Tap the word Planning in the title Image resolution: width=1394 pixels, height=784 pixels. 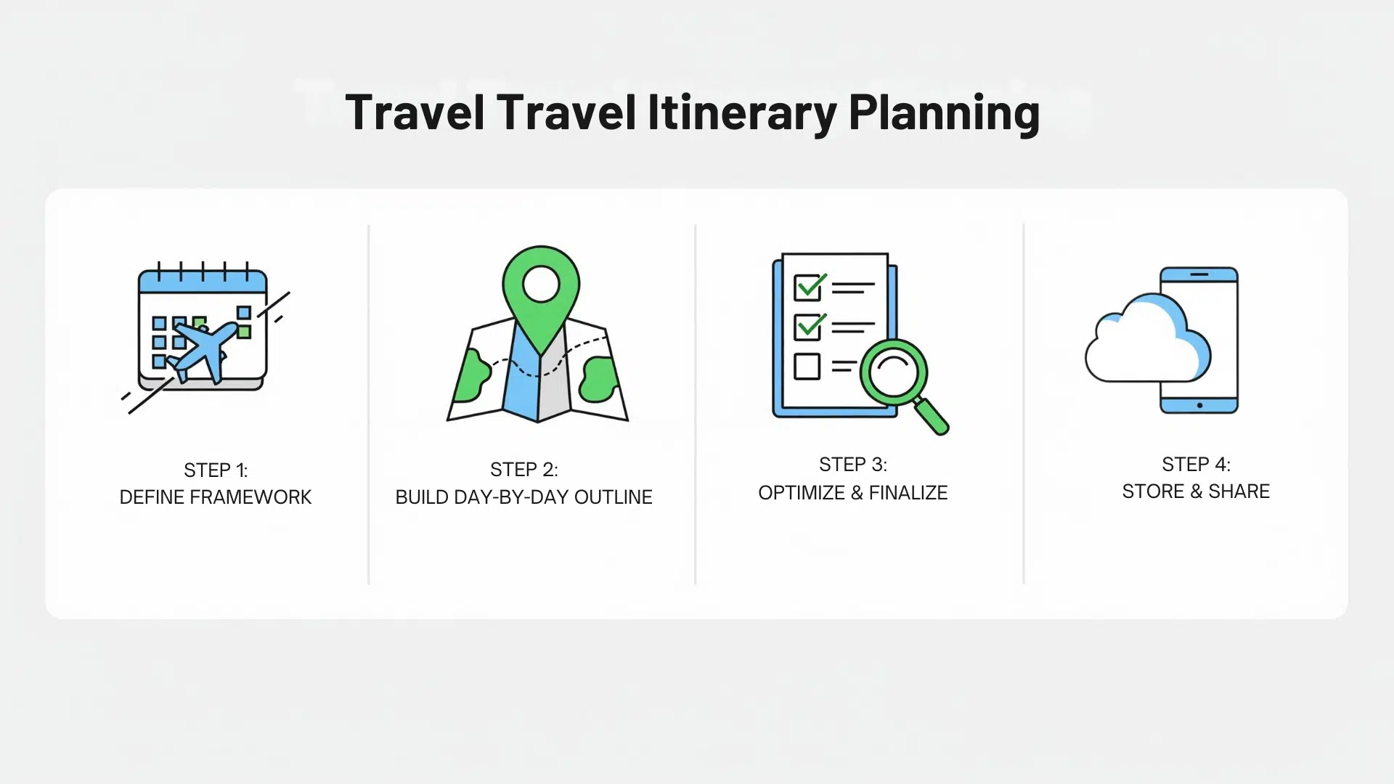(x=944, y=114)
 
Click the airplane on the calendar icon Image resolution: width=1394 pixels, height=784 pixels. (x=203, y=350)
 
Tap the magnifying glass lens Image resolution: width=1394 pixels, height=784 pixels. (x=894, y=373)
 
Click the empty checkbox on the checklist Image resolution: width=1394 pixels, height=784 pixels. (x=807, y=366)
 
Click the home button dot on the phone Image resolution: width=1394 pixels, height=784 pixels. (x=1199, y=405)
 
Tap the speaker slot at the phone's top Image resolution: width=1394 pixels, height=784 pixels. (x=1199, y=274)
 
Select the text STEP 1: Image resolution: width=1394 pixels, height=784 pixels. (x=216, y=470)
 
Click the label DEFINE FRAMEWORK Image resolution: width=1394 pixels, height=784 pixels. (x=216, y=497)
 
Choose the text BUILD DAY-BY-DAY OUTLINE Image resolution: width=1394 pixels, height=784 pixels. (x=523, y=497)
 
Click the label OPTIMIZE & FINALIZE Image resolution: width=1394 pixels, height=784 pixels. (x=852, y=493)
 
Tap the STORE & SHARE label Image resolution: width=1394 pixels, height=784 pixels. (x=1196, y=491)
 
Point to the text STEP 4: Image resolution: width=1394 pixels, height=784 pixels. (x=1196, y=465)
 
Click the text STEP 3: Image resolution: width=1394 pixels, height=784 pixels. (x=852, y=465)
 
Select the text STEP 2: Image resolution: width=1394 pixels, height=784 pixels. (x=523, y=470)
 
